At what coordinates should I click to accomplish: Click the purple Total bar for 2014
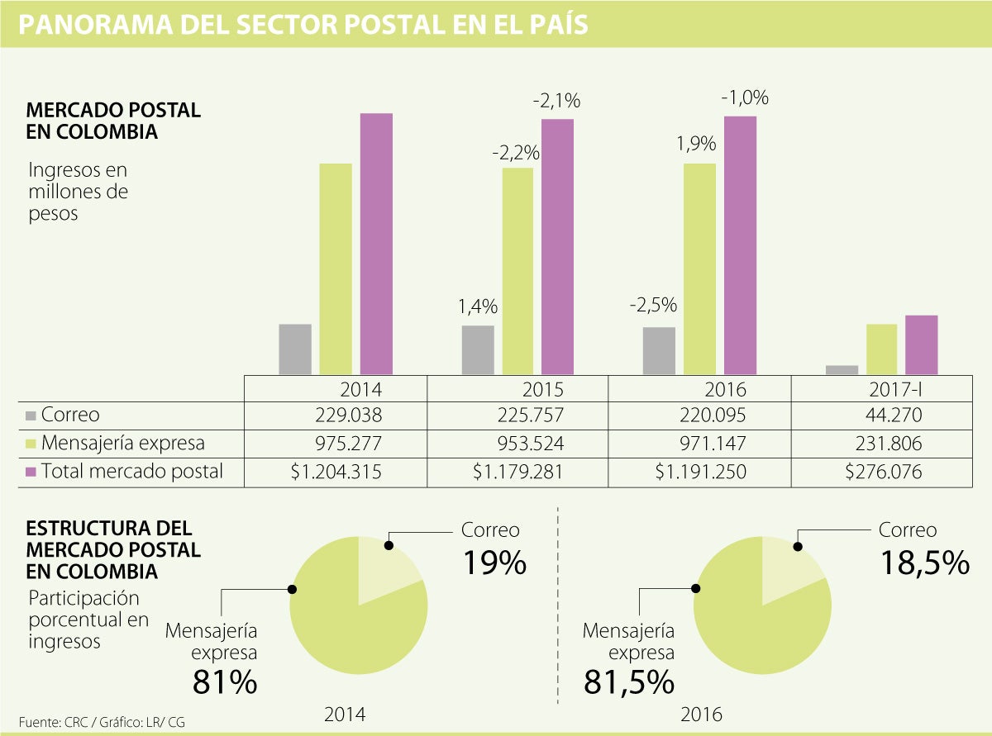click(376, 244)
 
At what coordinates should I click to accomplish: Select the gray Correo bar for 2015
click(478, 349)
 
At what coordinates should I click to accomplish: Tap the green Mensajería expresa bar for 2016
click(699, 268)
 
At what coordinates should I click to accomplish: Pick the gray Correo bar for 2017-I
click(842, 369)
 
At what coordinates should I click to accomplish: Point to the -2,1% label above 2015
click(556, 102)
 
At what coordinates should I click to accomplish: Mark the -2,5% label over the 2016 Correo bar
click(653, 305)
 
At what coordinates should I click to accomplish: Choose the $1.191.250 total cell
click(701, 472)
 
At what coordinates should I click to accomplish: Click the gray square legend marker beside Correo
click(31, 415)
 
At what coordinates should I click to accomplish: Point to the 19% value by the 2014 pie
click(494, 563)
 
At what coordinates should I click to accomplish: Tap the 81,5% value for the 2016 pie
click(628, 682)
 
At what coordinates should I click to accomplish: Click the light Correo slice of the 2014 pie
click(384, 570)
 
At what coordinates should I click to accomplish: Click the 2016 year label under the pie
click(701, 715)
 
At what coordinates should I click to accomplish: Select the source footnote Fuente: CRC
click(57, 722)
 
